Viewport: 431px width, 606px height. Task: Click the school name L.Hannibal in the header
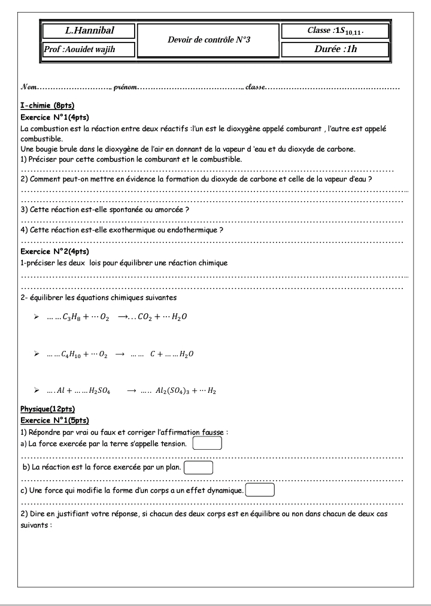tap(89, 31)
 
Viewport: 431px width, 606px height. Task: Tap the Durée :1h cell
tap(335, 49)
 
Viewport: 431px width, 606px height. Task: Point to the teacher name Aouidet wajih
tap(89, 50)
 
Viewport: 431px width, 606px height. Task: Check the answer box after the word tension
tap(208, 444)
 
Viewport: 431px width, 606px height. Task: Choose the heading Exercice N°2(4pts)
tap(54, 252)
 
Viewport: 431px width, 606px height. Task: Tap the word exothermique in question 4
tap(128, 230)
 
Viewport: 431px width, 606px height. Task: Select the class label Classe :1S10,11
tap(336, 31)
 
